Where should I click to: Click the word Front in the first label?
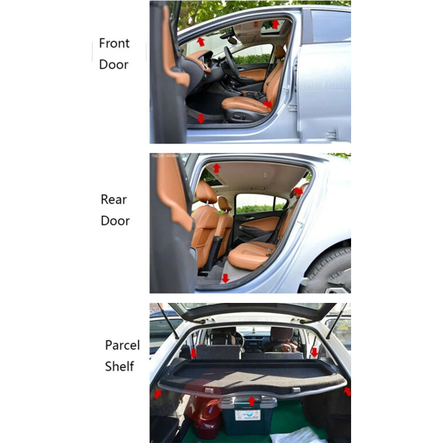pyautogui.click(x=114, y=43)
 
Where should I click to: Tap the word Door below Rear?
pyautogui.click(x=115, y=221)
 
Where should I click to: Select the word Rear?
pyautogui.click(x=114, y=199)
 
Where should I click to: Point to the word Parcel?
pyautogui.click(x=122, y=346)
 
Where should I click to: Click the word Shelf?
pyautogui.click(x=120, y=367)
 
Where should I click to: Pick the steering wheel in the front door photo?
pyautogui.click(x=230, y=62)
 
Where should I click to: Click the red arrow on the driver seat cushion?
pyautogui.click(x=268, y=104)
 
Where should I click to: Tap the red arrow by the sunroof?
pyautogui.click(x=275, y=24)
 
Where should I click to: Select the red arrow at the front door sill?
pyautogui.click(x=201, y=118)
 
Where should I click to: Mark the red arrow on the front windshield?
pyautogui.click(x=200, y=42)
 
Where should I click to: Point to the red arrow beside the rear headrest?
pyautogui.click(x=298, y=192)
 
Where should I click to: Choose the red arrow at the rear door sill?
pyautogui.click(x=225, y=278)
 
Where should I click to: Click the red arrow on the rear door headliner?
pyautogui.click(x=217, y=168)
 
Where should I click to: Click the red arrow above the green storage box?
pyautogui.click(x=252, y=400)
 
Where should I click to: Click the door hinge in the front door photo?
pyautogui.click(x=332, y=134)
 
